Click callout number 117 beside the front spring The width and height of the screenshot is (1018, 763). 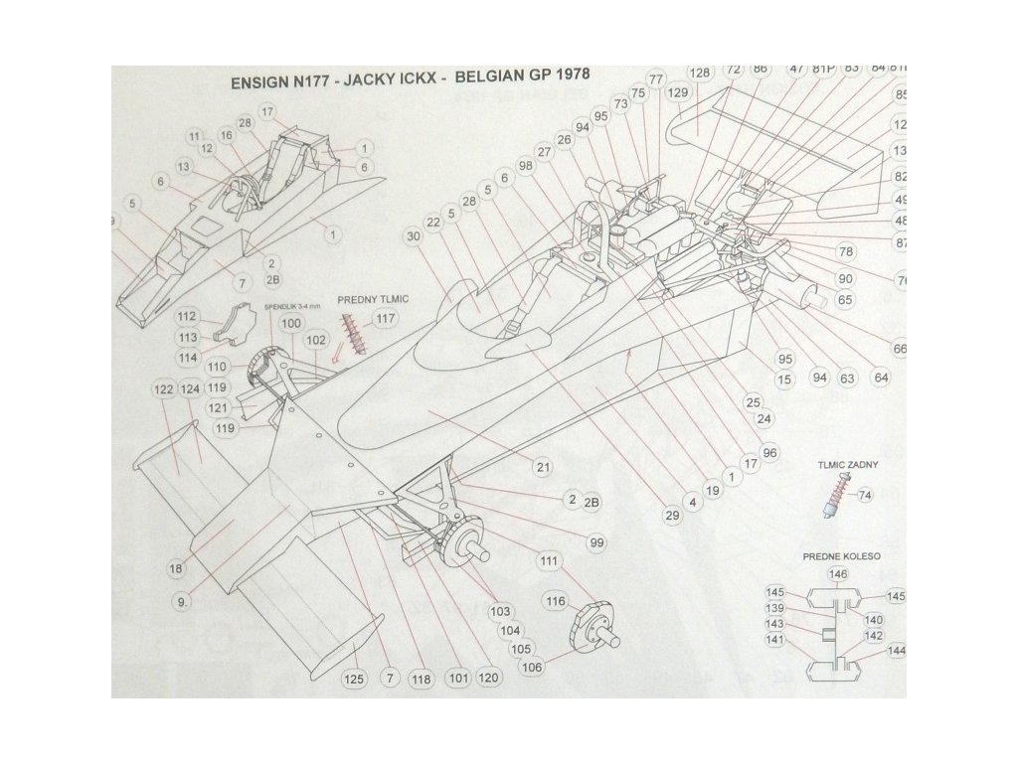[385, 319]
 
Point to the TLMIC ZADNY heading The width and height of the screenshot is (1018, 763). [846, 465]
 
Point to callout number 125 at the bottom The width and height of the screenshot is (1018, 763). [355, 680]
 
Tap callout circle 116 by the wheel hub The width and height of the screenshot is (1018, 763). [555, 602]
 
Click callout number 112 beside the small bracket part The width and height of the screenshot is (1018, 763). [186, 316]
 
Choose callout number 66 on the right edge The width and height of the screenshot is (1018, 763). [901, 349]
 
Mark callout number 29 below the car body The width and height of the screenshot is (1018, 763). [671, 514]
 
